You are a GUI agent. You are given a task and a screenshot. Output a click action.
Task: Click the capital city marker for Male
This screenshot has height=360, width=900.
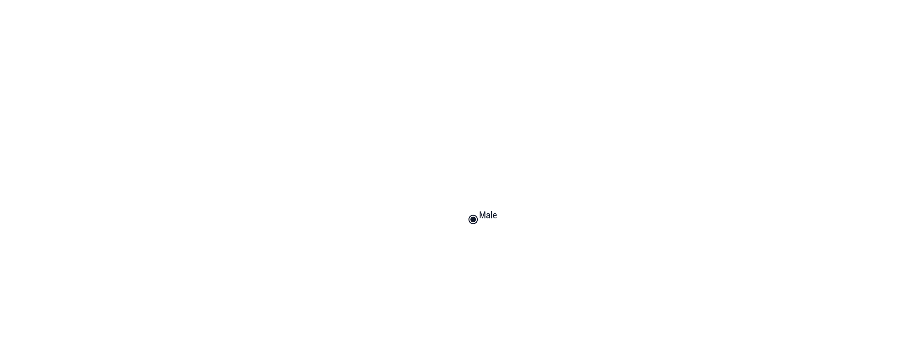473,219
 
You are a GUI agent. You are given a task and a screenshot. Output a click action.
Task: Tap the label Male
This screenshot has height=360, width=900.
488,215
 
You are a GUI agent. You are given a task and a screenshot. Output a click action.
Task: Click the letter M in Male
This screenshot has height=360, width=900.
482,215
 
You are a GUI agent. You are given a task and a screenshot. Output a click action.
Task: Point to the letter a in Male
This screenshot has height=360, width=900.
488,216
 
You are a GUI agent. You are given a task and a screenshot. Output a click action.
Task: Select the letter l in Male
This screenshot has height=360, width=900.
492,215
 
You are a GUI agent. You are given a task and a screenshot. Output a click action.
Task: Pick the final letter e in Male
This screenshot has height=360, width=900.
495,216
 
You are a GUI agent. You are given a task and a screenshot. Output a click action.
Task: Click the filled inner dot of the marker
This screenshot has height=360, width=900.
473,219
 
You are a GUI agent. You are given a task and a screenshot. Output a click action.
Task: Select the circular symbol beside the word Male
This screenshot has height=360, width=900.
473,219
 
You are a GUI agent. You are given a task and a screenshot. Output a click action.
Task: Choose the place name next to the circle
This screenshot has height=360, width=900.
488,215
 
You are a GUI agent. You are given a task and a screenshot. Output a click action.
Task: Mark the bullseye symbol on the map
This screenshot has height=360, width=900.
473,219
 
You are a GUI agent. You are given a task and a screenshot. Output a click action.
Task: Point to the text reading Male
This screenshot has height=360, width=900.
488,215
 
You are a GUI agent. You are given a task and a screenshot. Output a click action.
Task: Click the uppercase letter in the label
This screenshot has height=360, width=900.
482,215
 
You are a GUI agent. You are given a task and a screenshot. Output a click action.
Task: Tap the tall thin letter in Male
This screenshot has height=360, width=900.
492,215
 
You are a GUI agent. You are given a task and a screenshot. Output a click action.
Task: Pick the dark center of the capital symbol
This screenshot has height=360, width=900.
473,219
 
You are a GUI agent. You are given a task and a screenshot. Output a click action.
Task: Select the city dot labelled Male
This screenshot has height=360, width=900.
473,219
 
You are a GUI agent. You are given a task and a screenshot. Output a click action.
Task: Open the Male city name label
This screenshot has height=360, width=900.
488,215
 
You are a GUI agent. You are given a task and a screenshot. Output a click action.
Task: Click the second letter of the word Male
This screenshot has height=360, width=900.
488,216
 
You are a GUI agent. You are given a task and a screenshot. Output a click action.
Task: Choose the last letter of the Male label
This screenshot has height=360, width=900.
495,216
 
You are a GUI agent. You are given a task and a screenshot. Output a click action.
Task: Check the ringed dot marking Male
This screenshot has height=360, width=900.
473,219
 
